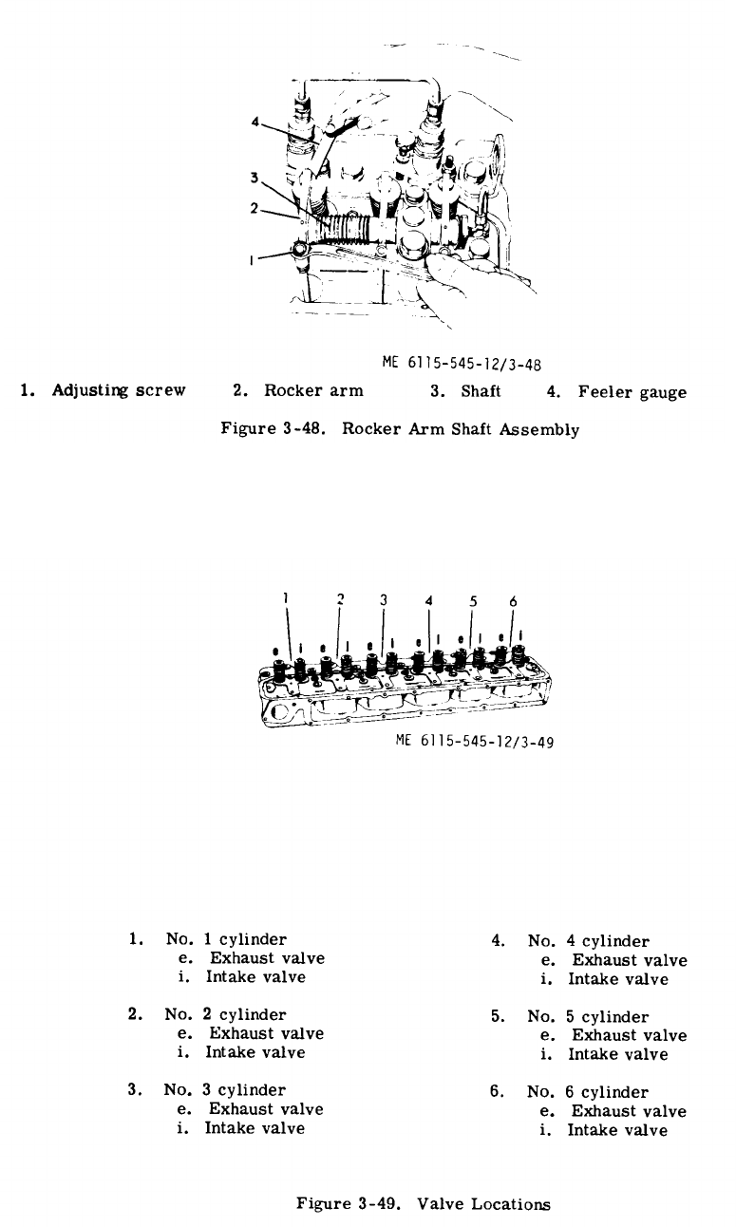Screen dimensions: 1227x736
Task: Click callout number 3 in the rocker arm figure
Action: pos(255,177)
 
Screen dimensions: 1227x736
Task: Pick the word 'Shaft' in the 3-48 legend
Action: pos(481,390)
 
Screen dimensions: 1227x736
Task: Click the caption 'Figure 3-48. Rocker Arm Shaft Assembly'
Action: pos(400,428)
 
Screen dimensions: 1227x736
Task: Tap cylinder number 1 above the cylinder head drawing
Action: pos(286,598)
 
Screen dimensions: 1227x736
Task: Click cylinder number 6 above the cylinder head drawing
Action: pos(513,601)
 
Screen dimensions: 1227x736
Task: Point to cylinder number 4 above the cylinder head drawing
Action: pos(429,600)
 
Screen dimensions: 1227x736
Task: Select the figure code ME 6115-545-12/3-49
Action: pos(474,743)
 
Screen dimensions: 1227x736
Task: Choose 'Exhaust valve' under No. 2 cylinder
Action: pos(266,1033)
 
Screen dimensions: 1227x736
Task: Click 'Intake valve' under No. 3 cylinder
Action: pos(255,1128)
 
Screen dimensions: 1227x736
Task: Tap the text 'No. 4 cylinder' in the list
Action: pos(589,941)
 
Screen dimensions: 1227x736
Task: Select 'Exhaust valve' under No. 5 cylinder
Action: pos(629,1035)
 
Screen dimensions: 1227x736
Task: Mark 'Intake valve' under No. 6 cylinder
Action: pos(617,1130)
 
